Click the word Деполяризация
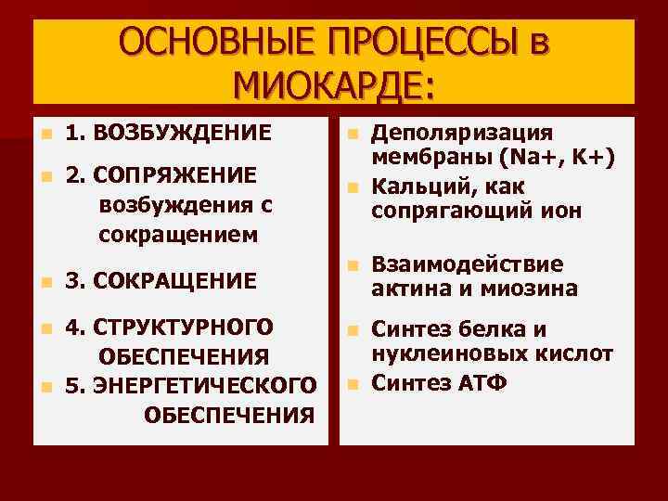(x=461, y=132)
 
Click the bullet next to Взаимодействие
(x=352, y=265)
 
